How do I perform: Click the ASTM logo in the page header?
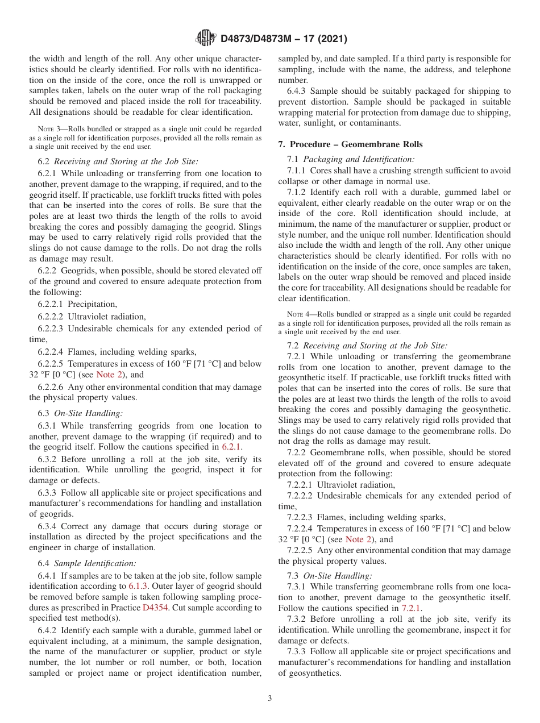[205, 38]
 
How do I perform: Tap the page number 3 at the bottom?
[270, 699]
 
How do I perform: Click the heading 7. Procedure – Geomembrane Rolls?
[350, 144]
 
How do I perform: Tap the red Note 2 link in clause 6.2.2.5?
[106, 375]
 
